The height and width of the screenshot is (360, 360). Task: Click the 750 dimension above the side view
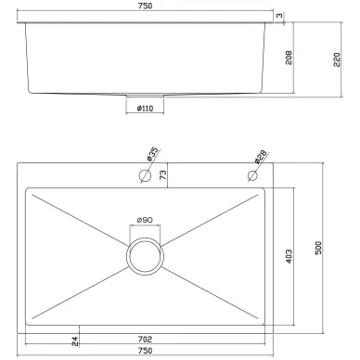pyautogui.click(x=146, y=6)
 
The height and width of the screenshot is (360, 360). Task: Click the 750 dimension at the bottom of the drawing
pyautogui.click(x=146, y=351)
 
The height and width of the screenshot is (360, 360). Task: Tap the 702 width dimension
pyautogui.click(x=145, y=340)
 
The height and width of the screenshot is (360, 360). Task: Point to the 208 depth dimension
pyautogui.click(x=289, y=58)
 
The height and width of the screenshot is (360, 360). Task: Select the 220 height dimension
pyautogui.click(x=337, y=59)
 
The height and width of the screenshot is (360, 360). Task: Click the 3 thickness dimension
pyautogui.click(x=279, y=15)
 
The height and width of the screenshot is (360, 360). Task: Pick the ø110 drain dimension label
pyautogui.click(x=145, y=109)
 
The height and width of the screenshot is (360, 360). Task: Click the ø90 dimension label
pyautogui.click(x=145, y=220)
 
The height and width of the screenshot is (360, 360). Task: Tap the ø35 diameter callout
pyautogui.click(x=152, y=154)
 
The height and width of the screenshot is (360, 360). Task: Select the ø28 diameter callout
pyautogui.click(x=261, y=157)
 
